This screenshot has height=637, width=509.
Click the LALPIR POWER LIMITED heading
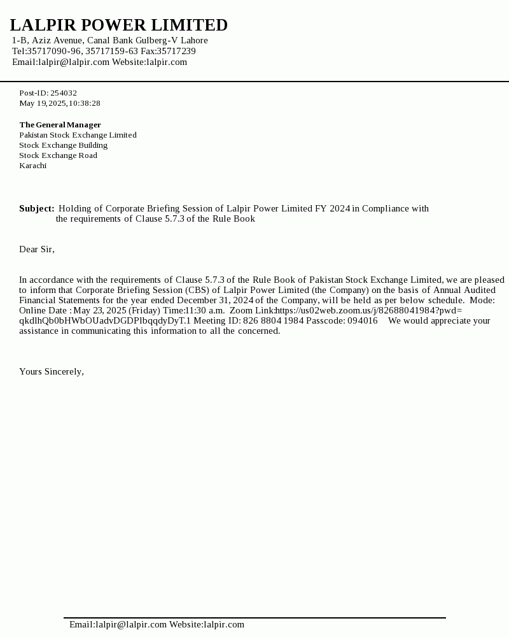click(118, 25)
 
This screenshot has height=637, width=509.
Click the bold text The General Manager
click(60, 125)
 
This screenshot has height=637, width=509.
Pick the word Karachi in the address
click(32, 166)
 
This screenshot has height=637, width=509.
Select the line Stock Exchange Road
click(58, 155)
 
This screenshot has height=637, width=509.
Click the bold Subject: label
click(36, 208)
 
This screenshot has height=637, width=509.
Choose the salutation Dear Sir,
click(37, 249)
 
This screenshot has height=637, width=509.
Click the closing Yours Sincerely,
click(52, 371)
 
